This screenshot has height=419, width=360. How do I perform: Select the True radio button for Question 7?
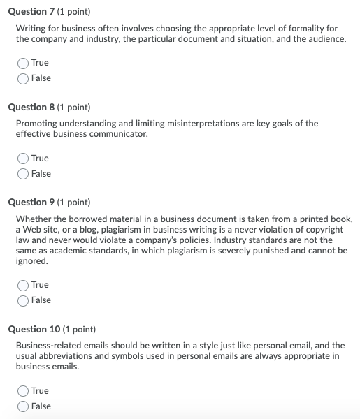pos(24,63)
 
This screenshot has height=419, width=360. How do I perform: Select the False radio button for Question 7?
pos(24,78)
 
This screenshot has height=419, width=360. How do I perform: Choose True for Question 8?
pos(24,159)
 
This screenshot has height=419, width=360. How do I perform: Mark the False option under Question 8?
pos(24,174)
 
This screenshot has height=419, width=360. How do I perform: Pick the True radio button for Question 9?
pos(24,285)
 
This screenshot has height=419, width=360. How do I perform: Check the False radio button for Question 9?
pos(24,300)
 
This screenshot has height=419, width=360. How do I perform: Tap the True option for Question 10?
pos(24,391)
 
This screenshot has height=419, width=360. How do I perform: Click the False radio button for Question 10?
pos(24,406)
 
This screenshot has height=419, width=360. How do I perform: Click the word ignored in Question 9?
pos(31,261)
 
